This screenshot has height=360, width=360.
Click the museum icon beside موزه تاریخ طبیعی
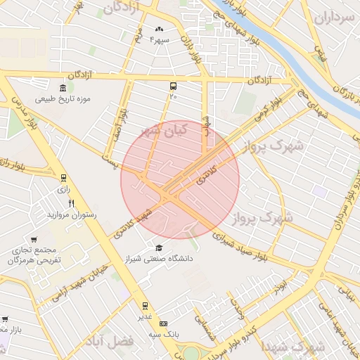pyautogui.click(x=64, y=88)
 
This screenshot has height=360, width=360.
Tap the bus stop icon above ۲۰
pyautogui.click(x=173, y=84)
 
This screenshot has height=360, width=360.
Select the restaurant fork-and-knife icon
pyautogui.click(x=71, y=203)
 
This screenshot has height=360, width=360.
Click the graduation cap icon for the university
pyautogui.click(x=159, y=247)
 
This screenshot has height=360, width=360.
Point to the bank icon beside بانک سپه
pyautogui.click(x=164, y=323)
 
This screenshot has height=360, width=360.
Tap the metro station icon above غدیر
pyautogui.click(x=146, y=306)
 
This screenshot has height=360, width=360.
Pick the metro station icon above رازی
pyautogui.click(x=64, y=179)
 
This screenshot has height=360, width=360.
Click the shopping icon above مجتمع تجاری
pyautogui.click(x=33, y=240)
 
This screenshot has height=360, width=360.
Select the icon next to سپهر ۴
pyautogui.click(x=159, y=29)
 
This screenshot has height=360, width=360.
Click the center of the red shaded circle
pyautogui.click(x=180, y=180)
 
